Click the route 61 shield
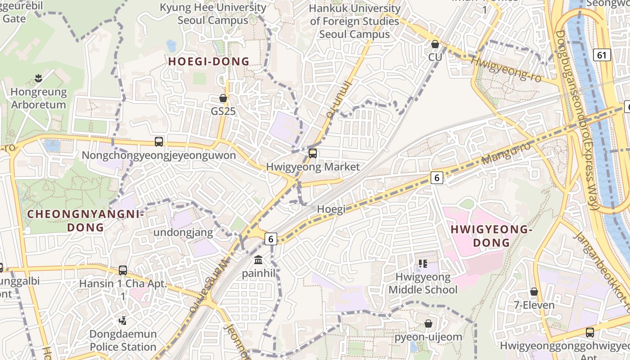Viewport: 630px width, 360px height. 602,55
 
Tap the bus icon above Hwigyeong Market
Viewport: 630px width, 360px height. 313,153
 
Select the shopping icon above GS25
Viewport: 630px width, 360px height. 223,98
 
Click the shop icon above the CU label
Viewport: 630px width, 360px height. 435,45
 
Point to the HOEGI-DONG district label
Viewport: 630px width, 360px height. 209,62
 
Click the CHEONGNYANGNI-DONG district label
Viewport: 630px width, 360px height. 85,220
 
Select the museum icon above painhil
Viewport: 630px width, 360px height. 258,260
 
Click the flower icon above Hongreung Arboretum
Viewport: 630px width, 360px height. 38,79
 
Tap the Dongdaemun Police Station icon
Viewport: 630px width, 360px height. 122,320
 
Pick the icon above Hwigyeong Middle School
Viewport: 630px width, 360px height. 422,264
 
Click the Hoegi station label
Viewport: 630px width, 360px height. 331,209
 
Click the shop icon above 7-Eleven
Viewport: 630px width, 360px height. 534,292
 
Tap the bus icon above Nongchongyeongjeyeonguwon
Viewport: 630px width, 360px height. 159,142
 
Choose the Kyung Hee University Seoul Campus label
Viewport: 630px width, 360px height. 213,14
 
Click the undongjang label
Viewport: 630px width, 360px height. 183,232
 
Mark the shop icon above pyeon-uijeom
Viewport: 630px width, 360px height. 428,324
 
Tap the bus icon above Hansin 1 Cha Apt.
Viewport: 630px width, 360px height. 123,270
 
